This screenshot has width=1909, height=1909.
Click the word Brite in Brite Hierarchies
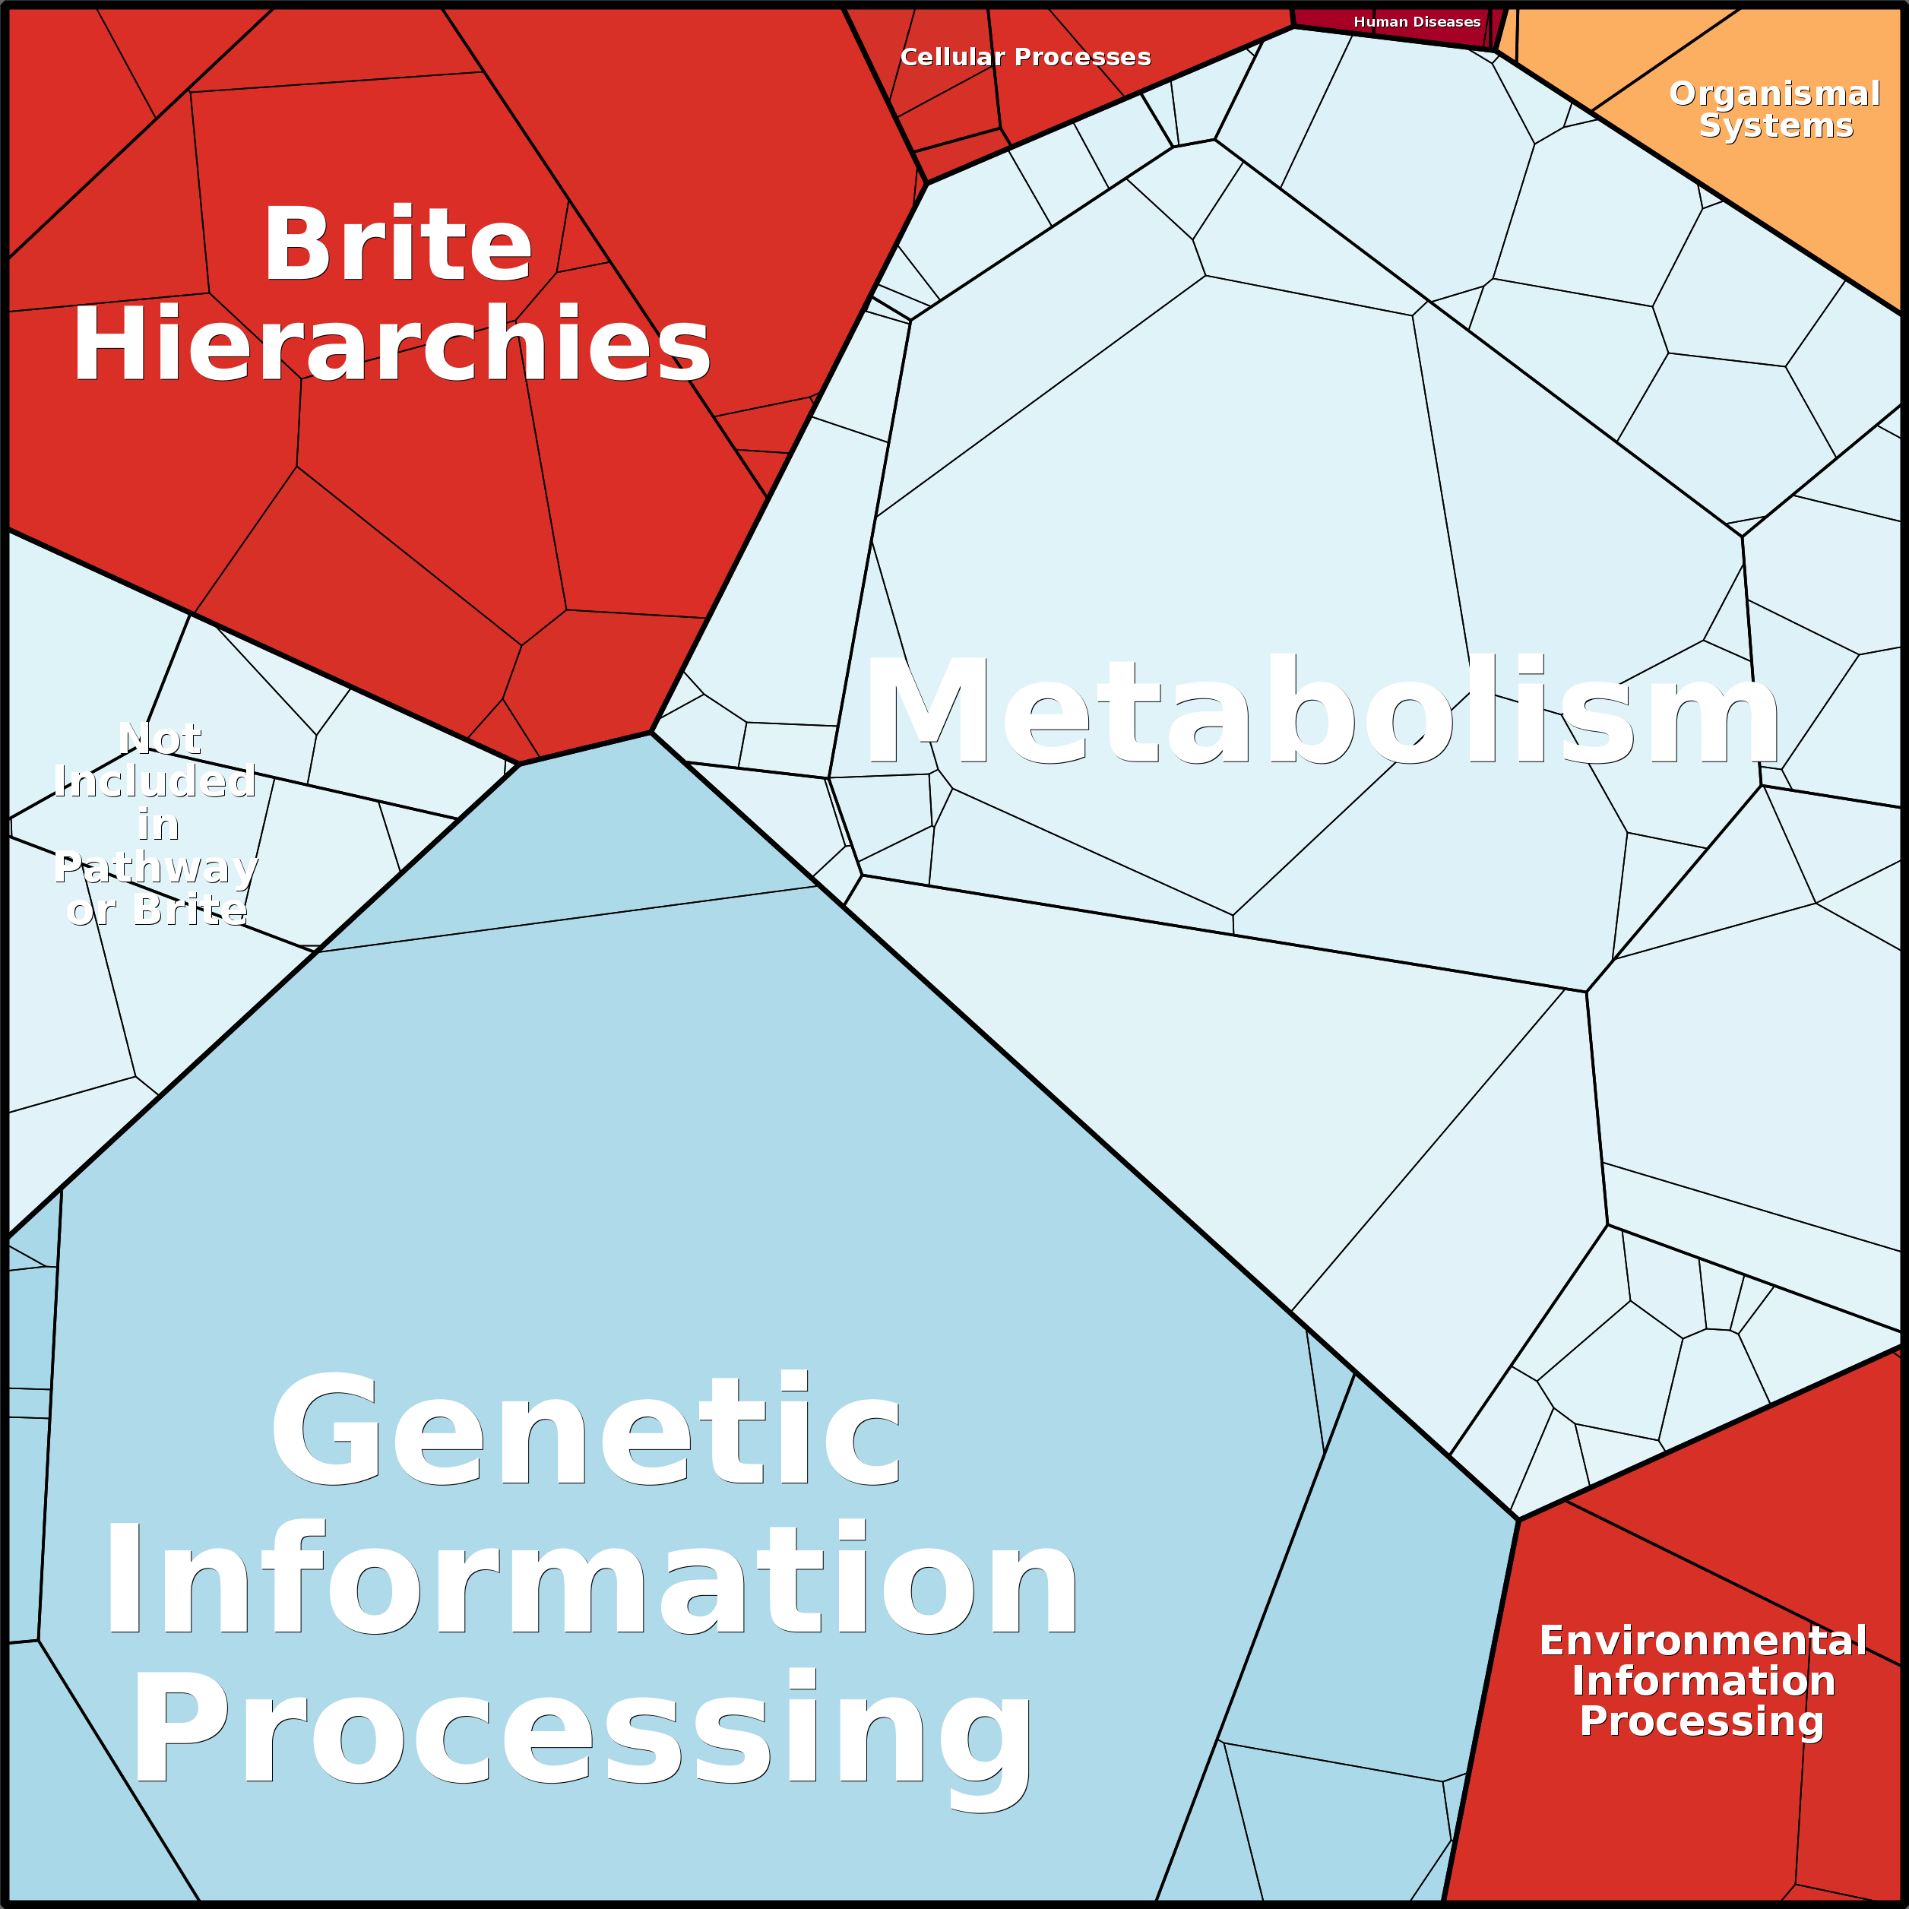(x=397, y=244)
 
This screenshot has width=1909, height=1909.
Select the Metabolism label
(x=1322, y=712)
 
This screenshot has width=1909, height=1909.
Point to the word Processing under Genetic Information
(x=583, y=1731)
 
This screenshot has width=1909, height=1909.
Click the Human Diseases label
(x=1416, y=22)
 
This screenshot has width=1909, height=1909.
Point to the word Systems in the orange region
(x=1775, y=125)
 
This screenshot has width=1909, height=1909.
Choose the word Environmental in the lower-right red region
(x=1702, y=1641)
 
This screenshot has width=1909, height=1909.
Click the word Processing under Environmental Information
(x=1701, y=1721)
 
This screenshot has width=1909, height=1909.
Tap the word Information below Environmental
(x=1702, y=1681)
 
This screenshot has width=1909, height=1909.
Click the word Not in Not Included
(x=160, y=738)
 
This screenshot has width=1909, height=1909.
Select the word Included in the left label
(x=156, y=780)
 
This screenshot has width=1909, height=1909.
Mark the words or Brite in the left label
(x=156, y=909)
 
